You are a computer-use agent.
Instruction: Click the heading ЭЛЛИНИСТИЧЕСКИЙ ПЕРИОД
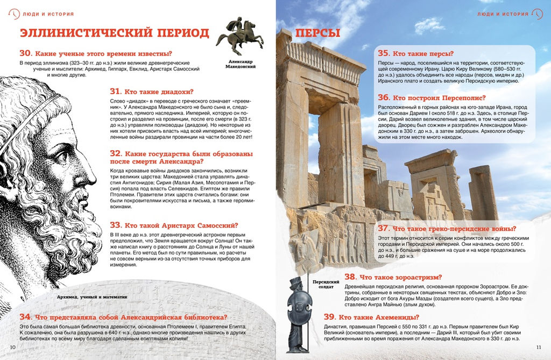click(115, 33)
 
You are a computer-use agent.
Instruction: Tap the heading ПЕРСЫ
click(317, 33)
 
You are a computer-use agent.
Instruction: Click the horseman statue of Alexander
click(239, 37)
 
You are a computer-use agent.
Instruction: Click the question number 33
click(117, 225)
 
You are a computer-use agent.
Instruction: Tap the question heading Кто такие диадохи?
click(159, 91)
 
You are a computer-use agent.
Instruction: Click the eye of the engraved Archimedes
click(61, 157)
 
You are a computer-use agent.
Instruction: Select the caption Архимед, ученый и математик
click(92, 297)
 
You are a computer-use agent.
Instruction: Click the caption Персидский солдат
click(326, 284)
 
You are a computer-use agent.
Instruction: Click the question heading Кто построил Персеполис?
click(441, 98)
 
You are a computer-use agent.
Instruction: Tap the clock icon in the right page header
click(538, 13)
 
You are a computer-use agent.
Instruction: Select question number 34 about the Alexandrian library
click(26, 317)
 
